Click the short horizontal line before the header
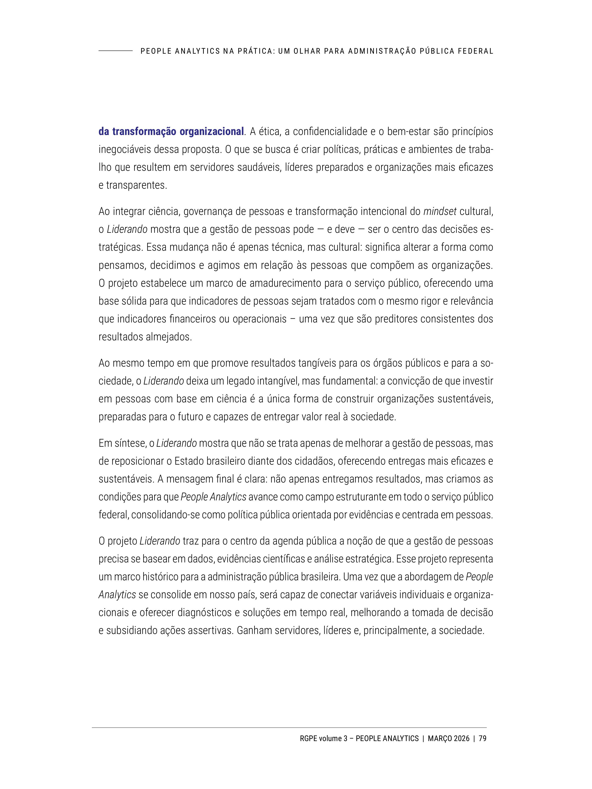tap(115, 51)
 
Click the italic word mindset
tap(440, 212)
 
